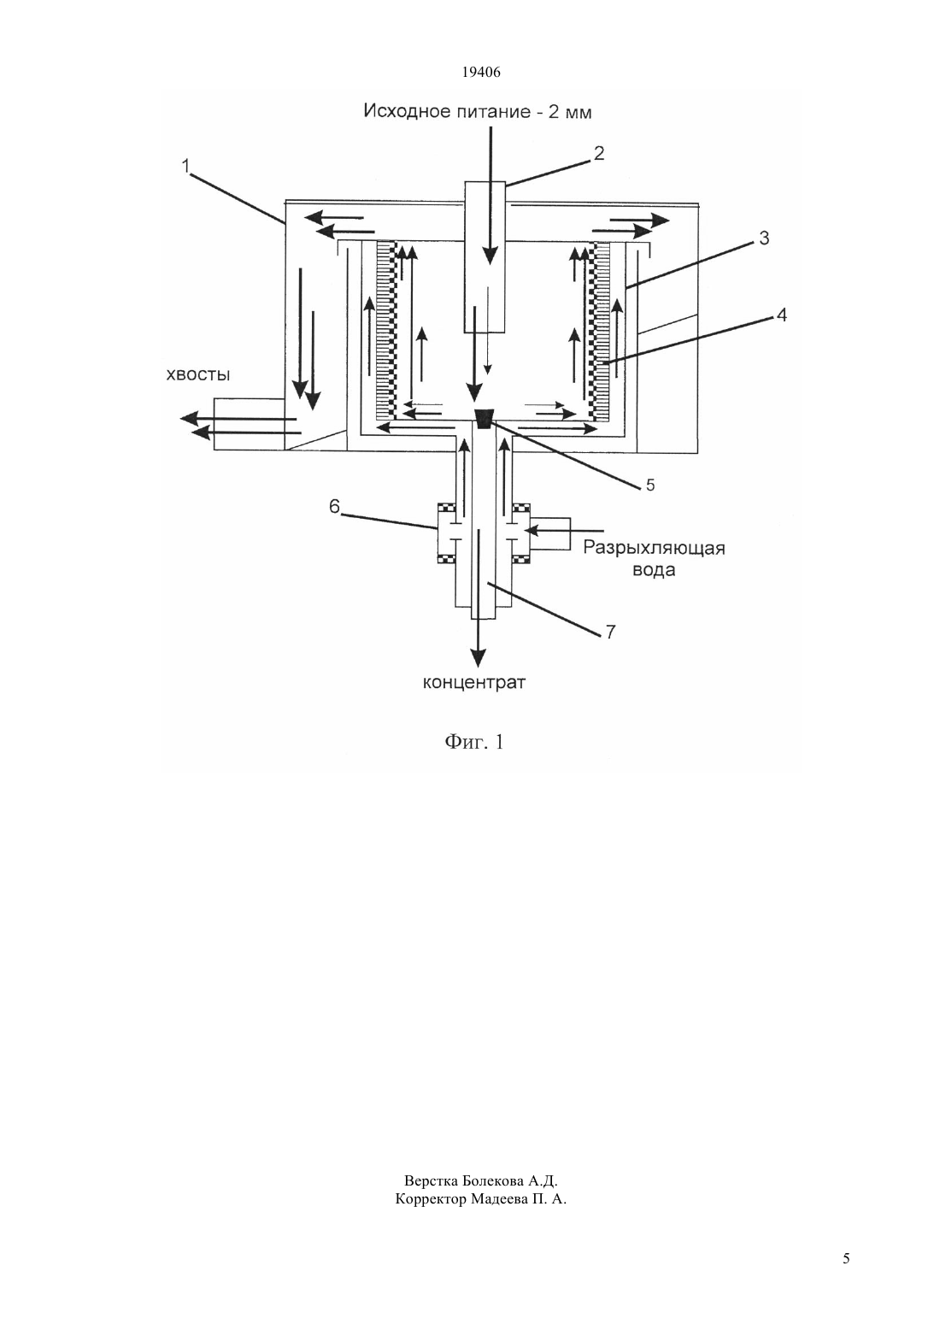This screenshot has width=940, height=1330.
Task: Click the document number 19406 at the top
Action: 480,73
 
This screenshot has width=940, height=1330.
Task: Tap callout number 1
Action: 185,166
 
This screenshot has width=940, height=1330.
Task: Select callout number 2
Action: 599,153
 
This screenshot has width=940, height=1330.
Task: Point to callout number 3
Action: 764,238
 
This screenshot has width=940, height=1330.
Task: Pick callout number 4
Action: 782,315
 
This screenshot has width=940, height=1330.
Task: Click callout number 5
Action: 650,486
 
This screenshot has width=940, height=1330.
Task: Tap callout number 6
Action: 335,507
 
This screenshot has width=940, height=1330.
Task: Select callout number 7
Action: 610,632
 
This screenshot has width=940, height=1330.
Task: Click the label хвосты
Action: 198,374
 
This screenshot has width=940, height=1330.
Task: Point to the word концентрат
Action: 474,683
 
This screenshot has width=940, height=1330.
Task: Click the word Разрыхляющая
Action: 654,548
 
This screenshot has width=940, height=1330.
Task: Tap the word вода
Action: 654,570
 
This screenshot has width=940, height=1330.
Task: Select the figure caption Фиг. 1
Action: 474,742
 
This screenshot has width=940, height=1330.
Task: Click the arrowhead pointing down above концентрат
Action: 478,657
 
